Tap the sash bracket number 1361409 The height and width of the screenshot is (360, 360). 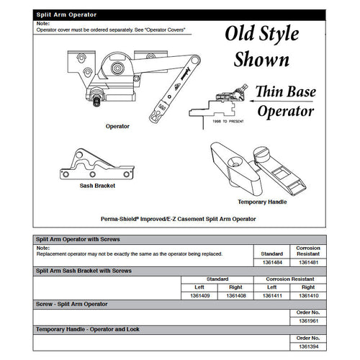pyautogui.click(x=197, y=294)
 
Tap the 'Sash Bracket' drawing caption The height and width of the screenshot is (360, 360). pyautogui.click(x=98, y=185)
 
